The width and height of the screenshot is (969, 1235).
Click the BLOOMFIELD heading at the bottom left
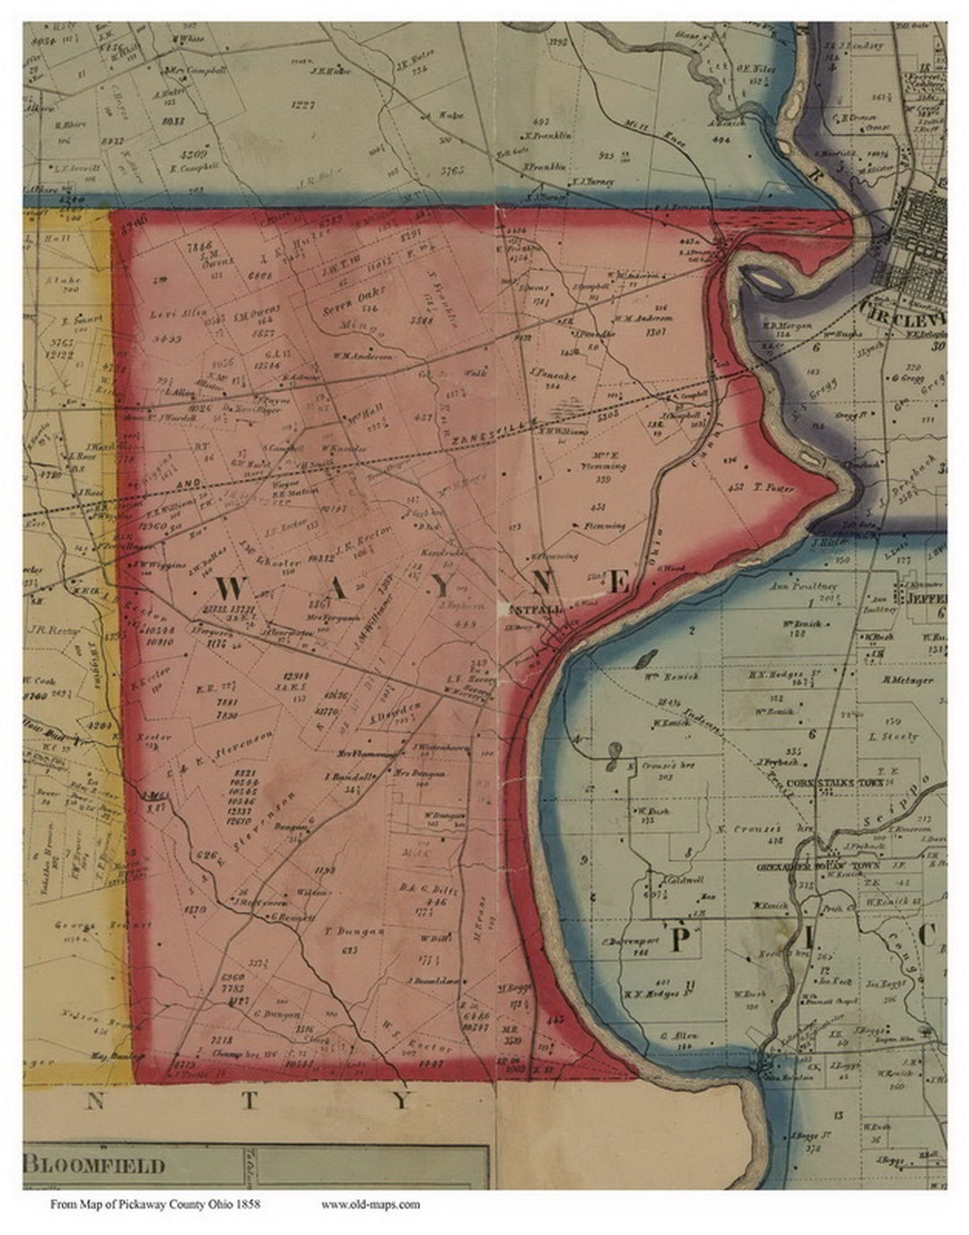(x=95, y=1166)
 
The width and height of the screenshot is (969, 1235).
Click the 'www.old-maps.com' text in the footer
(x=370, y=1204)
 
